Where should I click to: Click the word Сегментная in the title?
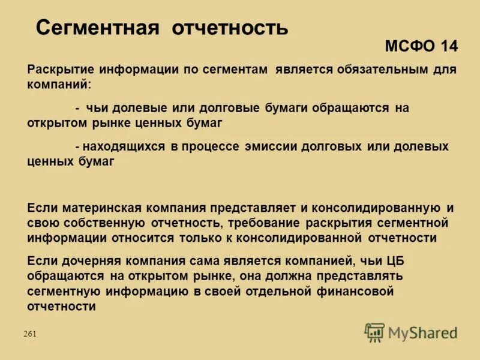tap(97, 27)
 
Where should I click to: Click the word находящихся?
tap(124, 146)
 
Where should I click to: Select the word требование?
tap(265, 223)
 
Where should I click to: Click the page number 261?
tap(30, 334)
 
